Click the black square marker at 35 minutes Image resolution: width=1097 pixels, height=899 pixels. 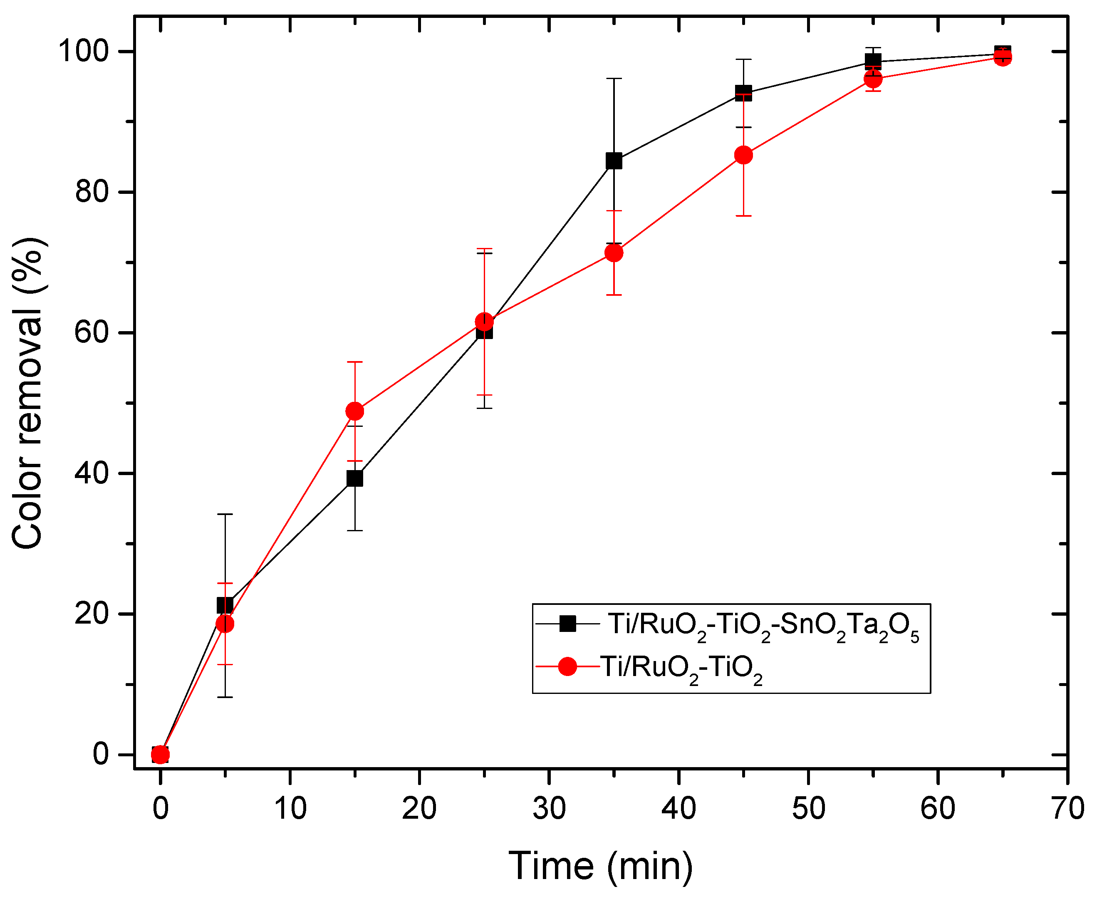614,161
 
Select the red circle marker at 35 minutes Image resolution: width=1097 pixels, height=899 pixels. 614,253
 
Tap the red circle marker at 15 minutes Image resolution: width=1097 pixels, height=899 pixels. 355,411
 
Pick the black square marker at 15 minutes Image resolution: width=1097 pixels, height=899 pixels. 355,478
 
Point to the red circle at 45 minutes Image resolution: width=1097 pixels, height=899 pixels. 743,155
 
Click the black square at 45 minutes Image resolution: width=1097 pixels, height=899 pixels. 743,93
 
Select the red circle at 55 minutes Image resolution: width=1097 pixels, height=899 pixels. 873,79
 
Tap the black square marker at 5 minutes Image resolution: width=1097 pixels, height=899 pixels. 225,605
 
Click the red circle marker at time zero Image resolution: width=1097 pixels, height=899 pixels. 161,755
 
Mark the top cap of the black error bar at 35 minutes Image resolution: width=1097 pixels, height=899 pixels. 614,79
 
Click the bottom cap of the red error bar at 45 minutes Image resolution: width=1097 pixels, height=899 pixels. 743,215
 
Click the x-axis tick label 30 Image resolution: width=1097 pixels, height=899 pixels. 549,808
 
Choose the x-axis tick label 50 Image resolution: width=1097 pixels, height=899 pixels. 808,808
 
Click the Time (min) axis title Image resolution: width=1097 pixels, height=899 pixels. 601,866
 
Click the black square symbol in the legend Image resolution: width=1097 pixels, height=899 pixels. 568,624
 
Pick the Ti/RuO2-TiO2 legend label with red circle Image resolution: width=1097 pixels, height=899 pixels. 681,668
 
